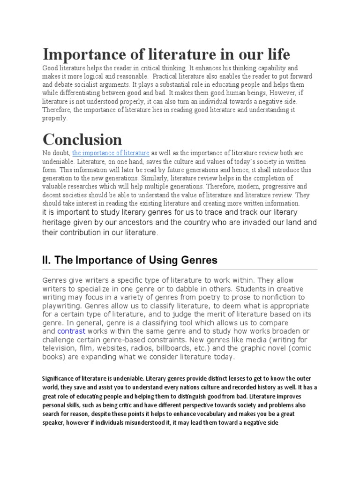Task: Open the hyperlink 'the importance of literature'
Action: tap(111, 153)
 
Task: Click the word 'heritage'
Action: tap(58, 223)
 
